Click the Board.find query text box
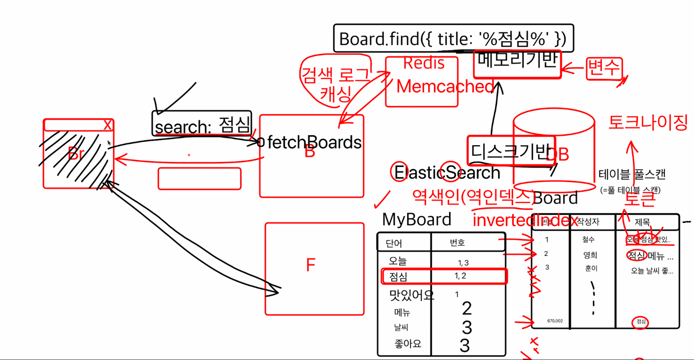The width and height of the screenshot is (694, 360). pos(453,39)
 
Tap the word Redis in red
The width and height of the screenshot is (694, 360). pos(423,63)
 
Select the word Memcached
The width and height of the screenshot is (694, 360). pos(445,87)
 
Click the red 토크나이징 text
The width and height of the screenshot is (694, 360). pos(648,122)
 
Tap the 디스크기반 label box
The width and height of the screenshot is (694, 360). pos(510,151)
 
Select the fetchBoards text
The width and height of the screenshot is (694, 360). pos(314,143)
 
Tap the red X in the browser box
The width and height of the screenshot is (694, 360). pos(107,125)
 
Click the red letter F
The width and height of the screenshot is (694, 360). pos(311,265)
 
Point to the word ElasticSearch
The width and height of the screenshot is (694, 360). pos(447,173)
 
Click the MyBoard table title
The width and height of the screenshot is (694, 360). pos(417,219)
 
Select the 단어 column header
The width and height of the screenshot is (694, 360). pos(394,243)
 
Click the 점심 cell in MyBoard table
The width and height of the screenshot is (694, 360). pos(398,277)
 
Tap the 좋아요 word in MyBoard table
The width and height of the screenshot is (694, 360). pos(407,344)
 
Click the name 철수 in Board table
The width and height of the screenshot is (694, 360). pos(589,240)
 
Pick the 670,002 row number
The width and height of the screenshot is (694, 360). pos(555,321)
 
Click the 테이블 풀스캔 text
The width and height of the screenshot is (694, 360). pos(632,175)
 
